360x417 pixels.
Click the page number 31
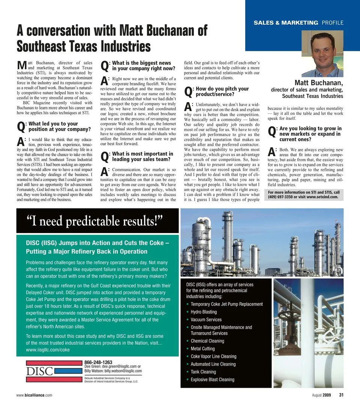click(x=341, y=395)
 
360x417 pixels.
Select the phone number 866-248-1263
click(x=99, y=362)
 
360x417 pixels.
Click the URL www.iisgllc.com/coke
click(x=48, y=350)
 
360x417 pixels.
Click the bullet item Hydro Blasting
click(x=204, y=312)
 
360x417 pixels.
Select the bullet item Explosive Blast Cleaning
click(x=212, y=380)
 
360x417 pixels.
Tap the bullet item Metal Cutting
click(x=202, y=348)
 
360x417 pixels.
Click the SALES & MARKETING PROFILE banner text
click(x=298, y=23)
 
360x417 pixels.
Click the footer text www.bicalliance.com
click(x=34, y=395)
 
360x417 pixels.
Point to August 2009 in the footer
click(x=321, y=395)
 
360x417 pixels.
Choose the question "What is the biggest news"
click(x=141, y=63)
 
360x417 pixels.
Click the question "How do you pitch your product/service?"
click(x=222, y=92)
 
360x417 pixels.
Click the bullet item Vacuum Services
click(x=206, y=320)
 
